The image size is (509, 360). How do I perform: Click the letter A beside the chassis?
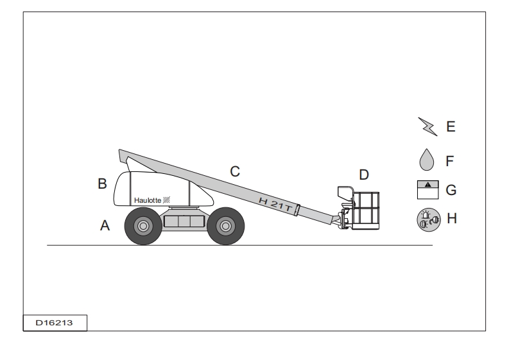[105, 225]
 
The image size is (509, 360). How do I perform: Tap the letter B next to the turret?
[102, 184]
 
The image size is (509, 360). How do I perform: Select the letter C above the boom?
[235, 171]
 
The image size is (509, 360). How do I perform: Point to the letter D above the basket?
[364, 175]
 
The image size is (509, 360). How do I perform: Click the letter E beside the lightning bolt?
[451, 126]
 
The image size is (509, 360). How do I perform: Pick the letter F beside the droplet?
[449, 161]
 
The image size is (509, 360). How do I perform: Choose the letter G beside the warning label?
[451, 190]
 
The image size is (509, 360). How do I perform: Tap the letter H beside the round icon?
[452, 218]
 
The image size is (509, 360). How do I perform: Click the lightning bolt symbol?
[427, 126]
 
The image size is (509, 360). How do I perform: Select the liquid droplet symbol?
[427, 160]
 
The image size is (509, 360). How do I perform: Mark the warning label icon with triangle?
[428, 190]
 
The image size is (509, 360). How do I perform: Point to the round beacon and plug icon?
[429, 219]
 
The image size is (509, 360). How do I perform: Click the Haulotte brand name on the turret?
[148, 200]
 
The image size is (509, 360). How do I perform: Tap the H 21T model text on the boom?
[275, 205]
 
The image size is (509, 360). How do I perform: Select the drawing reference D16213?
[54, 323]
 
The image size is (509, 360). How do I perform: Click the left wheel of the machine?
[143, 226]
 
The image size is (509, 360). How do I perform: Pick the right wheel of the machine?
[225, 226]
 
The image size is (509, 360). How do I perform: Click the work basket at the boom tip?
[365, 210]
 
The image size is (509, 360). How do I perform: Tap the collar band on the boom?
[297, 210]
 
